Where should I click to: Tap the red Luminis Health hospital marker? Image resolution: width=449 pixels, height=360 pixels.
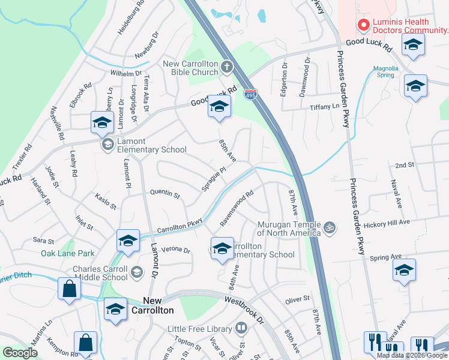[363, 25]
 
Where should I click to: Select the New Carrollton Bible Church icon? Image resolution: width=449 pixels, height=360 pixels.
[227, 67]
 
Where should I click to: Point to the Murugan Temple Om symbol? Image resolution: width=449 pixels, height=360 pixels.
[328, 227]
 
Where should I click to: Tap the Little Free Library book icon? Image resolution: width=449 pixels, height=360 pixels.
[241, 328]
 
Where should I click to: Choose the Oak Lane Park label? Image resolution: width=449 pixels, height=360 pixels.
[68, 253]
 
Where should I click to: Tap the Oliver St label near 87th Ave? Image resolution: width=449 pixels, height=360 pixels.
[297, 298]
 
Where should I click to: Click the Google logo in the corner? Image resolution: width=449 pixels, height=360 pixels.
[20, 353]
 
